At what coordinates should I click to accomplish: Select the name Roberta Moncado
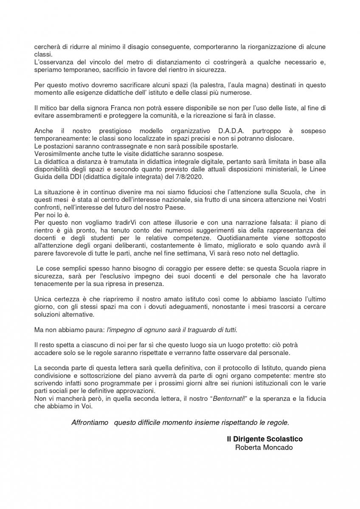point(264,447)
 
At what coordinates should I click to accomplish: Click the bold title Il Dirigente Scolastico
point(264,439)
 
